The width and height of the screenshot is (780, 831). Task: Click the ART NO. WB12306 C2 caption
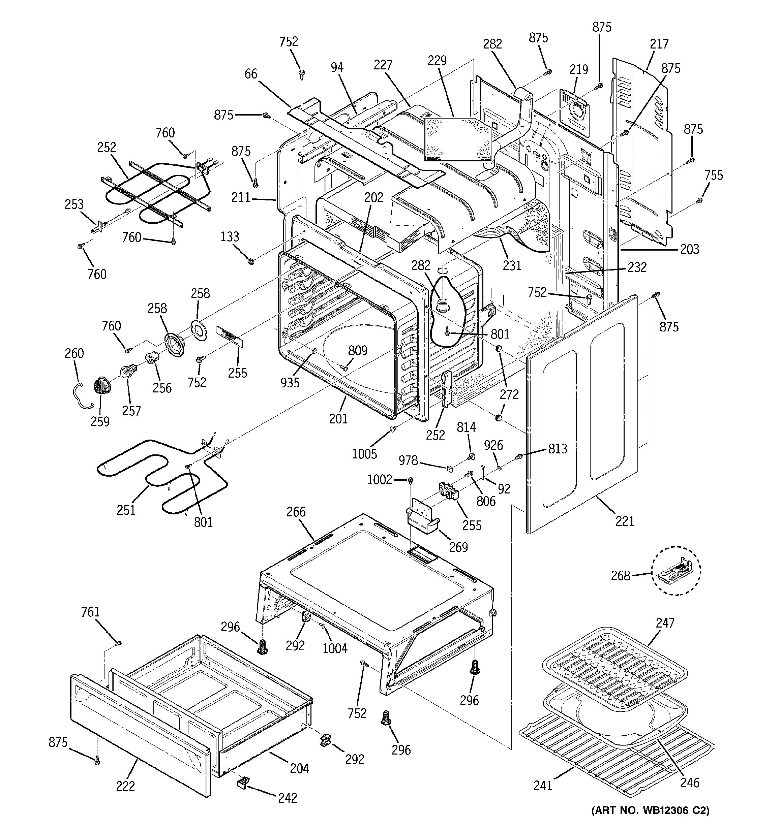[x=650, y=810]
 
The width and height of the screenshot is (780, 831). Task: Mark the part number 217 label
[x=659, y=43]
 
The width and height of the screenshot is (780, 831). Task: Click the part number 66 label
[x=250, y=74]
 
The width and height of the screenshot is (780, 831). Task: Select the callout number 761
[x=90, y=612]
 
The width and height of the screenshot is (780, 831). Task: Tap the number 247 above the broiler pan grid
[x=665, y=623]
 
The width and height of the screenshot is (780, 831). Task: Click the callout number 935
[x=290, y=382]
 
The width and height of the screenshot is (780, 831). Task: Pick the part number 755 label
[x=714, y=175]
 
